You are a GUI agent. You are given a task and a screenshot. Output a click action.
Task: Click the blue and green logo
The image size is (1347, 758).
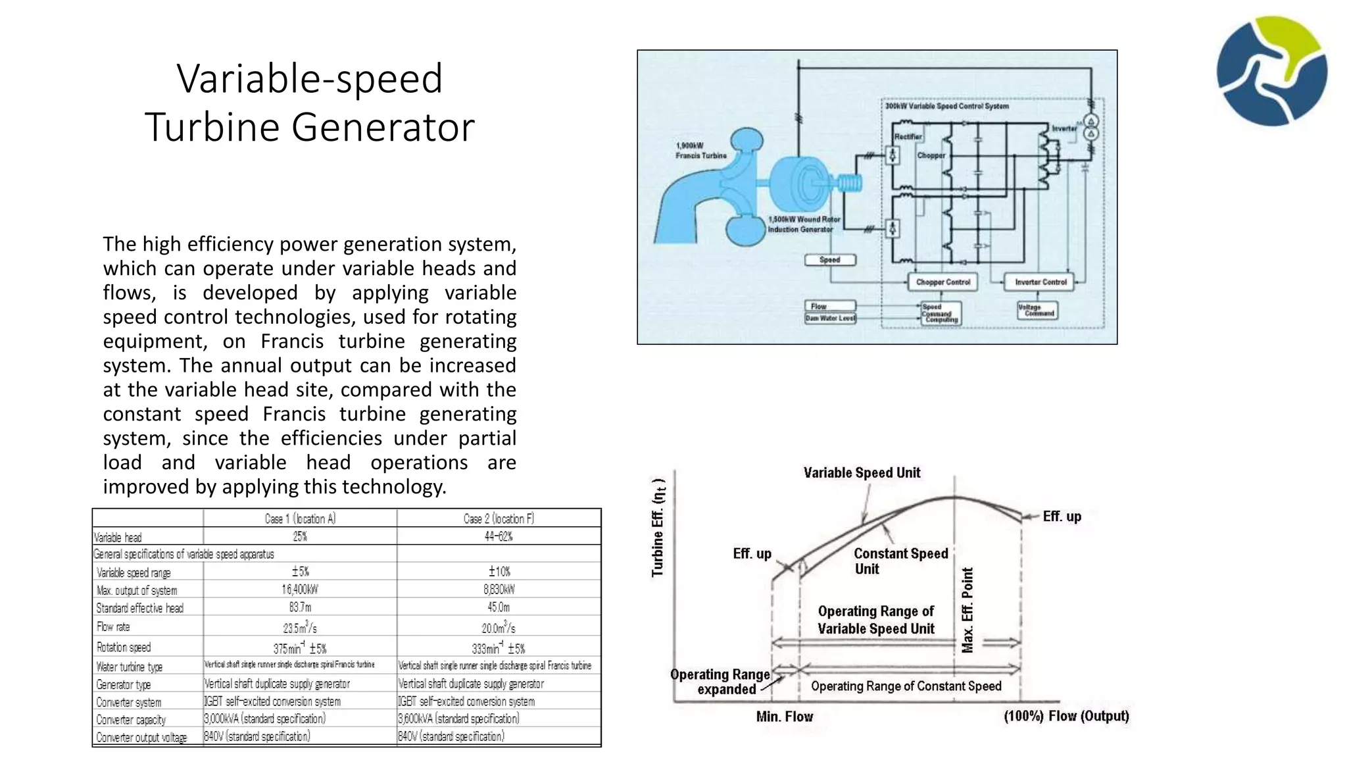coord(1271,71)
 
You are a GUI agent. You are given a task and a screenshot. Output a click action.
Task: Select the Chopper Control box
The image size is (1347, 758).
coord(943,282)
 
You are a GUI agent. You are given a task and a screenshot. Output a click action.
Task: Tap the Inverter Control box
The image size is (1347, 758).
coord(1040,282)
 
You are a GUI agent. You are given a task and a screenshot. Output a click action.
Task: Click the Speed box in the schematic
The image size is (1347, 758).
coord(830,260)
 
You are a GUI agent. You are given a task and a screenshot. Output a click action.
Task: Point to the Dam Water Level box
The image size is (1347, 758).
coord(830,318)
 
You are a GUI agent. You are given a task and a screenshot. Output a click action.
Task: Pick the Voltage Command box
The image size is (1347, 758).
coord(1037,310)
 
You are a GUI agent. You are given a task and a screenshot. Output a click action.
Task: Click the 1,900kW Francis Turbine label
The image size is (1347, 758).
coord(701,151)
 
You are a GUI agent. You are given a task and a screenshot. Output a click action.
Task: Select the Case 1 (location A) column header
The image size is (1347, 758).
coord(300,518)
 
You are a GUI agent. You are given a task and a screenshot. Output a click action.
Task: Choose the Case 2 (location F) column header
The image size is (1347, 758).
coord(499,518)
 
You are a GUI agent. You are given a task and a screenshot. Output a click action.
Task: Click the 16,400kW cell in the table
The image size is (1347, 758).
coord(300,590)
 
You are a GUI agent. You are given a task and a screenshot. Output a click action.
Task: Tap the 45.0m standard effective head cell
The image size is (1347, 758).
coord(499,607)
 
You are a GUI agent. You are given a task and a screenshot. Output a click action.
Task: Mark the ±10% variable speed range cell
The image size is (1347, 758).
coord(499,571)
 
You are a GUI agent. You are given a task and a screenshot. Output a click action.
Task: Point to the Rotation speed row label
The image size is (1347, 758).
coord(124,647)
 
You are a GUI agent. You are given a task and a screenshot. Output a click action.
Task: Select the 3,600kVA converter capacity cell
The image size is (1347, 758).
coord(458,719)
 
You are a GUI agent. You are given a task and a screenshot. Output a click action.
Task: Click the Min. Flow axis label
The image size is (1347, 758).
coord(785,717)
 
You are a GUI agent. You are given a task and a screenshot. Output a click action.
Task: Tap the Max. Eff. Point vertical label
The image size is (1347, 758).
coord(967,610)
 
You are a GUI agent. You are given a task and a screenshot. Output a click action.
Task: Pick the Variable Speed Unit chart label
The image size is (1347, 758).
coord(862,473)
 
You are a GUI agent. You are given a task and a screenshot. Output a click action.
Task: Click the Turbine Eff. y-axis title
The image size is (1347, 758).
coord(658,527)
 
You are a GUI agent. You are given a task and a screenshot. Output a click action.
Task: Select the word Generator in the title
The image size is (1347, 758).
coord(383,127)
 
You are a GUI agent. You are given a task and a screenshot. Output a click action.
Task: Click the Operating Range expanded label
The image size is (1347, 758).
coord(720,682)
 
